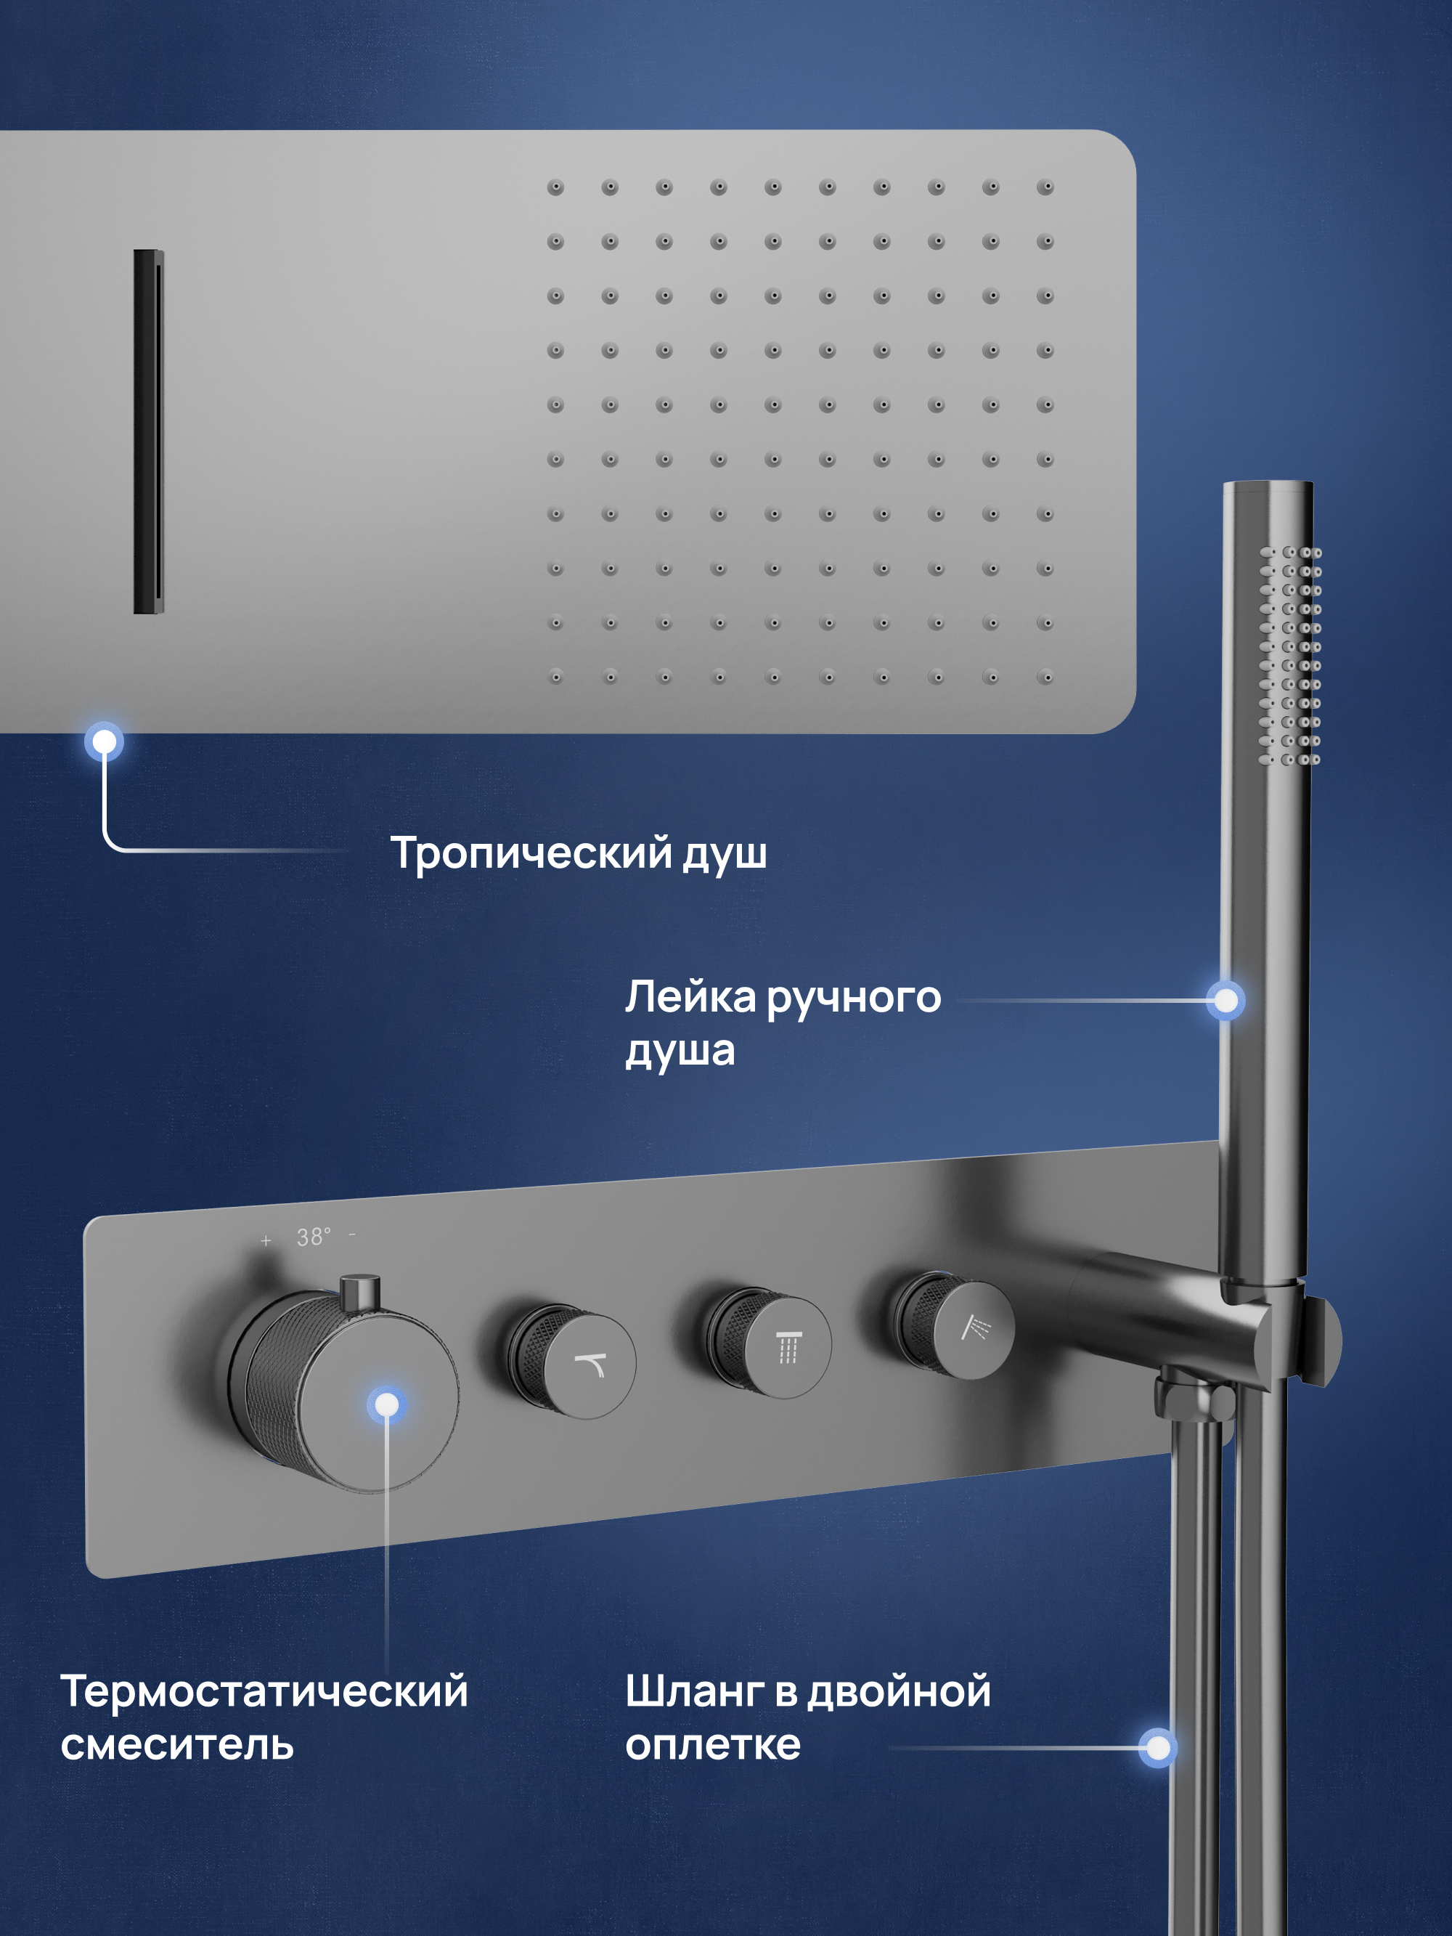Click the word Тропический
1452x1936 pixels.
coord(531,853)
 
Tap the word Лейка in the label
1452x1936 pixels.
coord(690,997)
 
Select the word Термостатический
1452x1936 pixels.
coord(264,1691)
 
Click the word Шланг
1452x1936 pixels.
coord(695,1693)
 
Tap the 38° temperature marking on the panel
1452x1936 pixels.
coord(314,1237)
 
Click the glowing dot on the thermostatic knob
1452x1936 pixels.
coord(386,1404)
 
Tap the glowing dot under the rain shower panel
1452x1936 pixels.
coord(104,742)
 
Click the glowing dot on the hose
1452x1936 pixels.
coord(1158,1748)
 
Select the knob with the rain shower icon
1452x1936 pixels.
coord(770,1342)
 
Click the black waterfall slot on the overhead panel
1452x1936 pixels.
coord(149,431)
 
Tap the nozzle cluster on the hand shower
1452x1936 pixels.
coord(1290,656)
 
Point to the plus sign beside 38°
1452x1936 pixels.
coord(266,1240)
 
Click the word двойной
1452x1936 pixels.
coord(899,1693)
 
